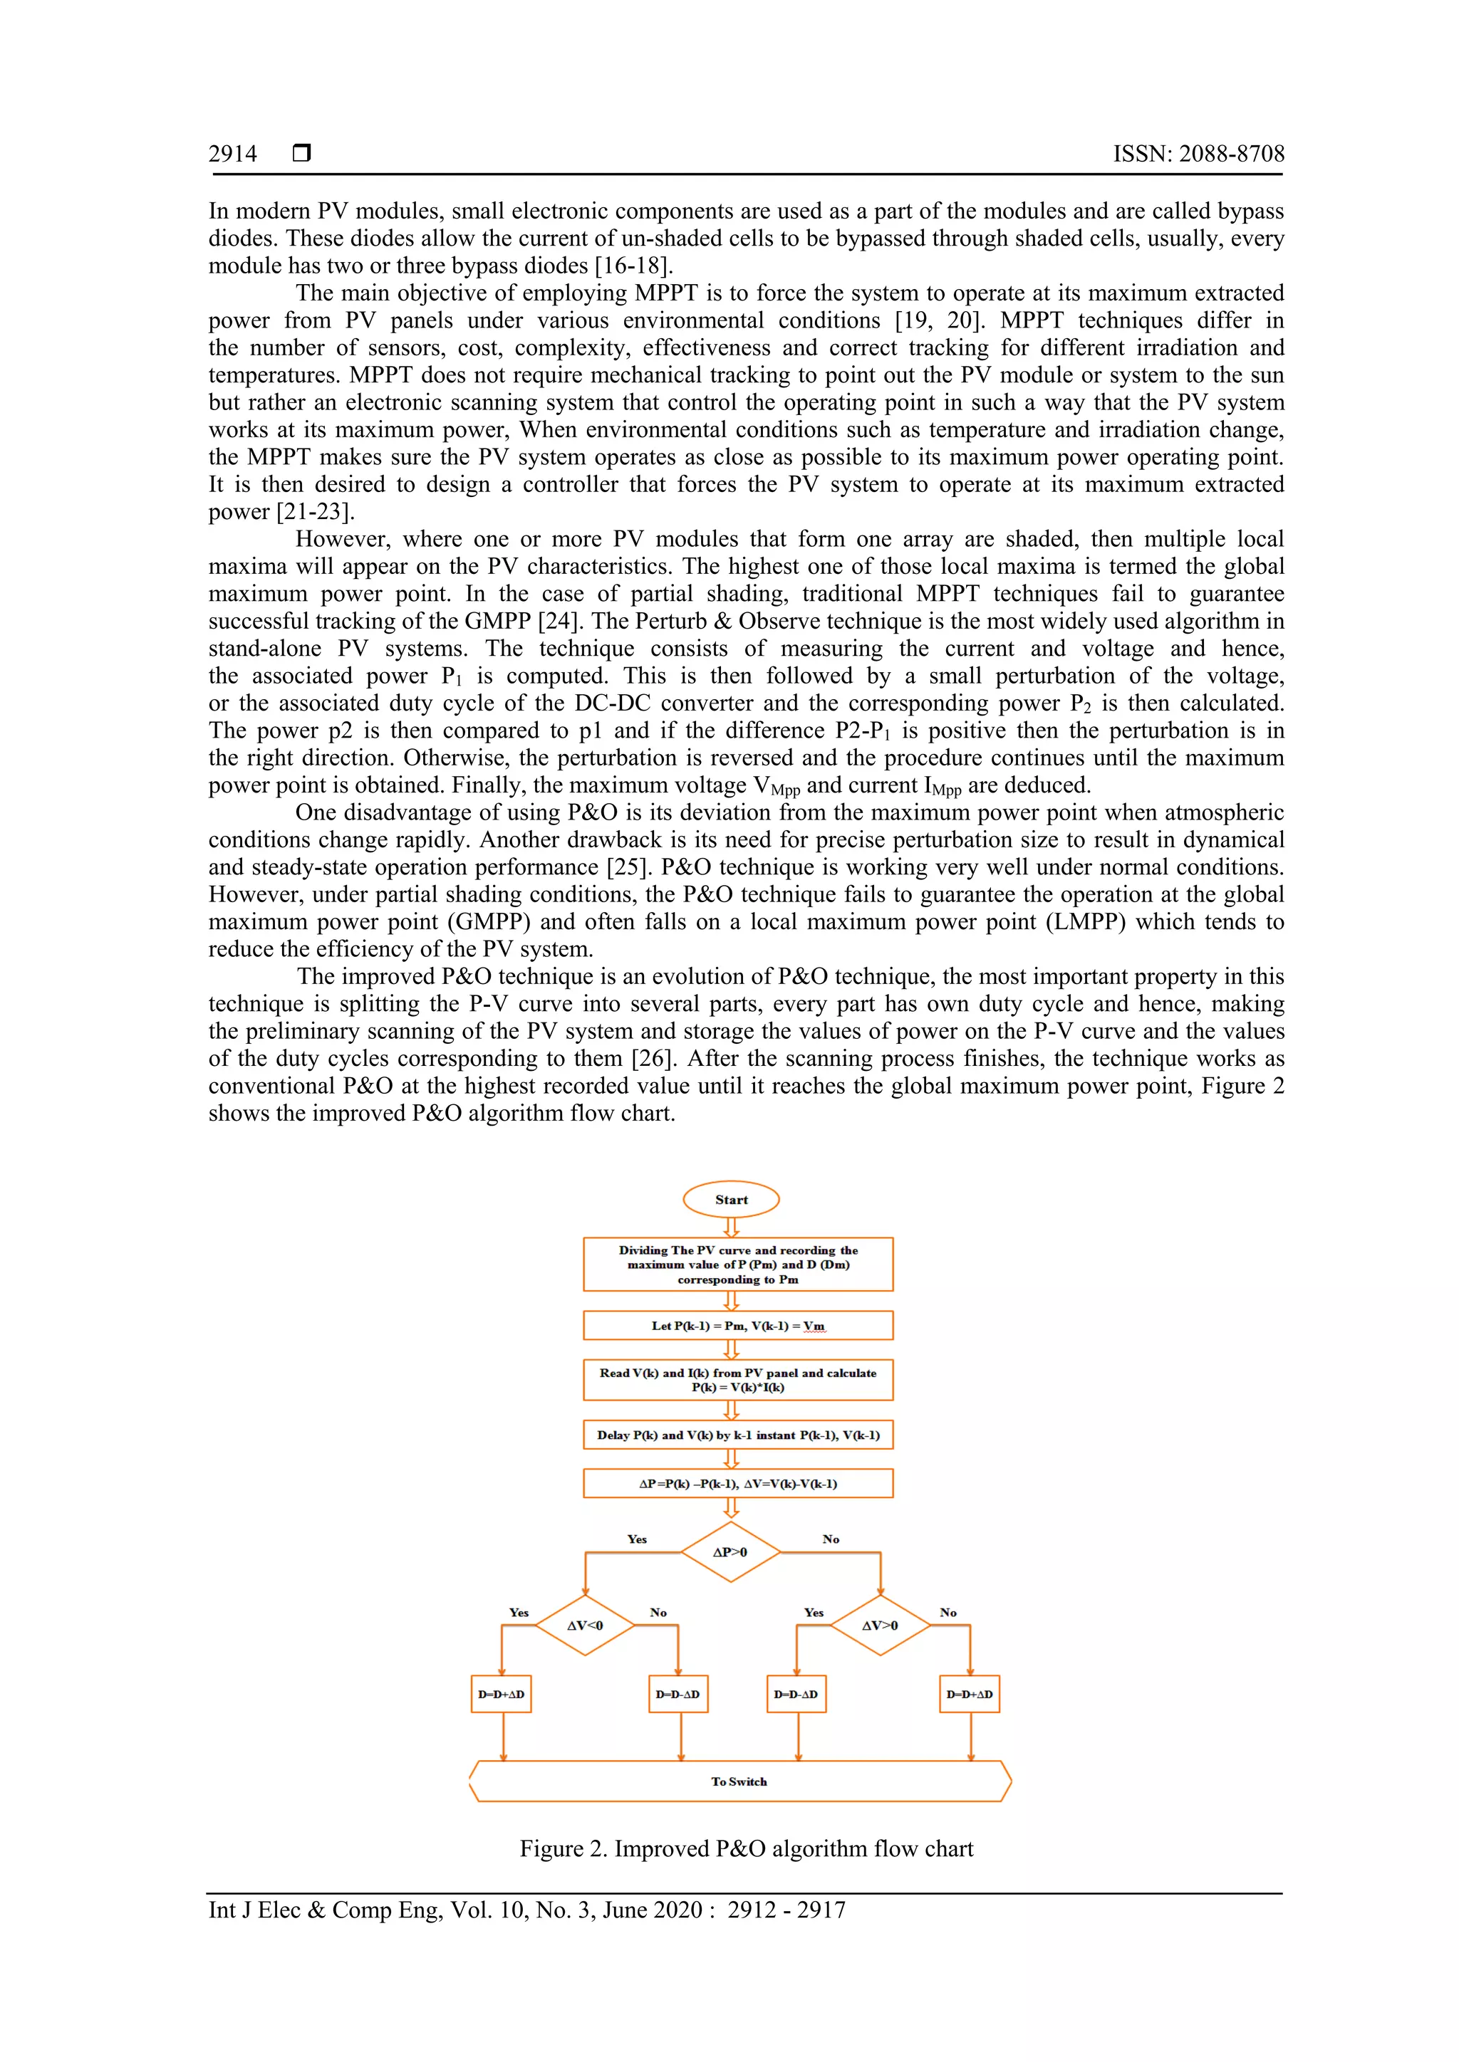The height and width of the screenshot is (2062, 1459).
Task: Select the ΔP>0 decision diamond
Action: [x=729, y=1552]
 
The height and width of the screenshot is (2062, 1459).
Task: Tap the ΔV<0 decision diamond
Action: [x=585, y=1625]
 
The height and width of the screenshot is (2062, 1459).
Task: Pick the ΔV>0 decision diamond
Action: [x=880, y=1625]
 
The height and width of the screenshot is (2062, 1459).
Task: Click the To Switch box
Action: [x=739, y=1781]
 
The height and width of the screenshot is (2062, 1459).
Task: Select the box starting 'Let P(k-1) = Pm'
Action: [x=737, y=1326]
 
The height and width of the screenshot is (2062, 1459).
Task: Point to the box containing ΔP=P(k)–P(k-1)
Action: [x=737, y=1484]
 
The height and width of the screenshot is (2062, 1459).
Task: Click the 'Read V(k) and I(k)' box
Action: [x=737, y=1381]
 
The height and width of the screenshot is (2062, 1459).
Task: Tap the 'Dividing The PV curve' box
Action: [x=737, y=1265]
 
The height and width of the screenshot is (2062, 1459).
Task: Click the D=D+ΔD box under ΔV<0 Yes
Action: [x=502, y=1694]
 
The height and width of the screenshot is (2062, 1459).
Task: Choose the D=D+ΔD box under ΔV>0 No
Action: [x=970, y=1694]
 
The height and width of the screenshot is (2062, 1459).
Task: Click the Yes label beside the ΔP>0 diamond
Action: [x=636, y=1539]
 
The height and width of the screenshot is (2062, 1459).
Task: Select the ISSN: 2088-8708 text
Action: [x=1198, y=155]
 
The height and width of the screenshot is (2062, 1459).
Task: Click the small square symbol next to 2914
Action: [x=302, y=154]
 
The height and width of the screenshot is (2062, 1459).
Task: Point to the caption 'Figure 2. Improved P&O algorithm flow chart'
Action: [x=746, y=1848]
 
